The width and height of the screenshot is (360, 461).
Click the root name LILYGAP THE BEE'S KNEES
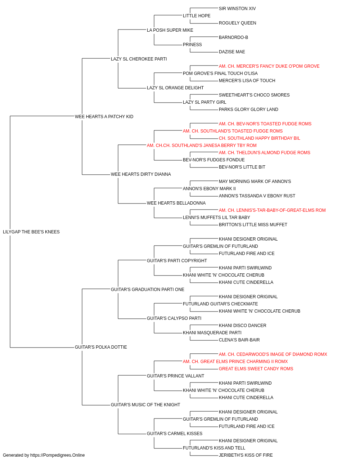(x=31, y=232)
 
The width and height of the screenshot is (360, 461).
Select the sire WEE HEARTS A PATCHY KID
(x=104, y=117)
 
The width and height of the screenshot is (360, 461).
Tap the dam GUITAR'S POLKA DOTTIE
(x=101, y=347)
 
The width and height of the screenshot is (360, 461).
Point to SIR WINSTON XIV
(x=237, y=9)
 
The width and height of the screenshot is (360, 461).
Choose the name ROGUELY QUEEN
(x=238, y=23)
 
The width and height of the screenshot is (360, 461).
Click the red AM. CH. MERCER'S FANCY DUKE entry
(x=269, y=66)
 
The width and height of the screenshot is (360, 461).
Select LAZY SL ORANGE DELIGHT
(x=175, y=88)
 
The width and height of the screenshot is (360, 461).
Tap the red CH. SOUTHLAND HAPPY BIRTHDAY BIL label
(x=259, y=138)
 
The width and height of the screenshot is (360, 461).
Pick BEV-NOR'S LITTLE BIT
(x=242, y=167)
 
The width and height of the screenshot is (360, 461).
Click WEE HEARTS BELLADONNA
(x=176, y=203)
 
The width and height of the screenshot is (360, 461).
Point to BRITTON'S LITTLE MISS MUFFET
(x=253, y=225)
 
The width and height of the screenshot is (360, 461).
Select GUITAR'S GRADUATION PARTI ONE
(x=148, y=290)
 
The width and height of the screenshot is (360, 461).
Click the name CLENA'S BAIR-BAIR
(x=239, y=340)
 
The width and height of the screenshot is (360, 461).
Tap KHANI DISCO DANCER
(x=243, y=326)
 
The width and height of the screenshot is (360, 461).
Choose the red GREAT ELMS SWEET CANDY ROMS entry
(x=256, y=369)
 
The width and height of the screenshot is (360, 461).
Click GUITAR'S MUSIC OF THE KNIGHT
(x=145, y=405)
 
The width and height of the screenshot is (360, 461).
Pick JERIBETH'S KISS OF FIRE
(x=246, y=455)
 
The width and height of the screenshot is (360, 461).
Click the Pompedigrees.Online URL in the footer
(x=58, y=455)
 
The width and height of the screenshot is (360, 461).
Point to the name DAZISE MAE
(x=232, y=52)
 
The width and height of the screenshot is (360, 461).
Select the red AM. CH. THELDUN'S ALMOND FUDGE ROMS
(x=264, y=153)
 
